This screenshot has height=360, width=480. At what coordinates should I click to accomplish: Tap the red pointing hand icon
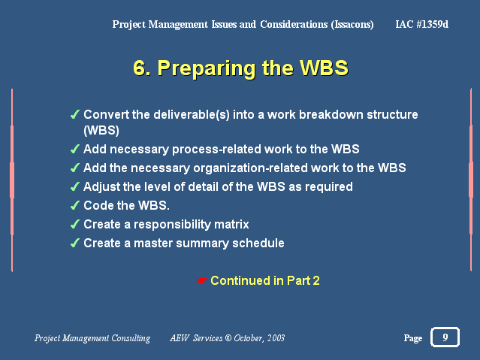click(202, 280)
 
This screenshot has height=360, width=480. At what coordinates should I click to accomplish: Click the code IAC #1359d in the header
click(422, 24)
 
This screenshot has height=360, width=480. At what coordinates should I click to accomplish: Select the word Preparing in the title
click(207, 68)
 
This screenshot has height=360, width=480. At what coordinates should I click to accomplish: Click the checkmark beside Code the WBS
click(75, 206)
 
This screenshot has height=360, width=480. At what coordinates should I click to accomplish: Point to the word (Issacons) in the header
click(352, 25)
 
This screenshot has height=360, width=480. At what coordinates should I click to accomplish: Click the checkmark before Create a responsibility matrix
click(75, 224)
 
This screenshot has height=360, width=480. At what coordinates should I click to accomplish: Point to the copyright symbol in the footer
click(228, 338)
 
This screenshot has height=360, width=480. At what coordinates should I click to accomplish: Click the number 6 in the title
click(140, 68)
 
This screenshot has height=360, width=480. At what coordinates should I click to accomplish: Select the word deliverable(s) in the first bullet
click(192, 114)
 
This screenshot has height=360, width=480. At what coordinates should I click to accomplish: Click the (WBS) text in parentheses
click(101, 131)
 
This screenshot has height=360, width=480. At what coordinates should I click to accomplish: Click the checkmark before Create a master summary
click(75, 244)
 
